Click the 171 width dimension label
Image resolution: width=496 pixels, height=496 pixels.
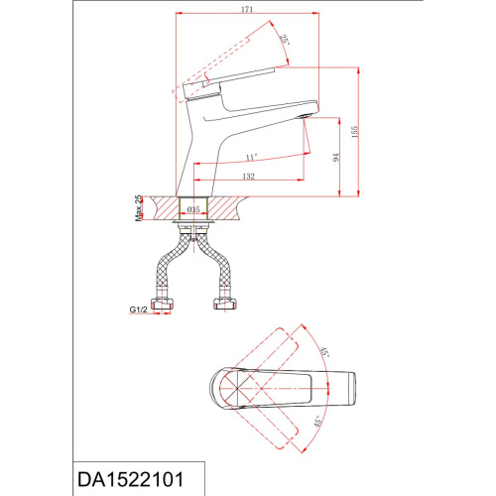(247, 9)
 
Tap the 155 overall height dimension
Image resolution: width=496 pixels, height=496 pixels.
(355, 132)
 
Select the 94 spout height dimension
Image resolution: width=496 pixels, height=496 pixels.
(336, 157)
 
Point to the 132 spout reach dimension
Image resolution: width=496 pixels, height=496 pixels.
(248, 176)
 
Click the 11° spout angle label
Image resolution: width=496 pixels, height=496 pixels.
(252, 158)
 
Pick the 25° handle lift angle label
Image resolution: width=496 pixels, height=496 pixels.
(285, 41)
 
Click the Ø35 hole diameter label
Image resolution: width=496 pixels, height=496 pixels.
(193, 209)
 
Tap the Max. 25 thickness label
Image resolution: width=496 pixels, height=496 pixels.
(139, 208)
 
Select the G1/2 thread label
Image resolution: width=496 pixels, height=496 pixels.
(138, 310)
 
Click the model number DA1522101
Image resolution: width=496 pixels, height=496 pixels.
(130, 479)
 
